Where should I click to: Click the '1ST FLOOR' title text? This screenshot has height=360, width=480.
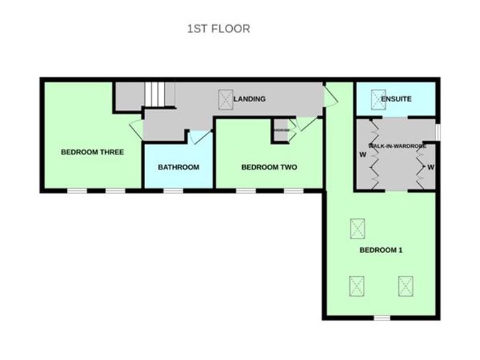218,29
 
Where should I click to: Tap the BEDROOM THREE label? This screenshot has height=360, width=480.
92,152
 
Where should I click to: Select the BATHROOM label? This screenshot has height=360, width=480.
178,167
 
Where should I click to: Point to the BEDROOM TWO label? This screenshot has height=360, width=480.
269,167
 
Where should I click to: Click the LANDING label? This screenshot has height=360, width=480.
251,99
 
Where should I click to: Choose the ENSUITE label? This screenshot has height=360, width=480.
396,99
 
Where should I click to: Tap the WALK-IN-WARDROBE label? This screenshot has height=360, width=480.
397,146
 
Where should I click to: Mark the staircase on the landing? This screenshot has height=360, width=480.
159,94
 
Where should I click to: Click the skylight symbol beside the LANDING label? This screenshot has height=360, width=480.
225,100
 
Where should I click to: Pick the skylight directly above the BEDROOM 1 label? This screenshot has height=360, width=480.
357,229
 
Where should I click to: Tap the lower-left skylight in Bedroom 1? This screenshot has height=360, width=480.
357,286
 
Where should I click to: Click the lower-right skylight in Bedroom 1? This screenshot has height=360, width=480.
406,286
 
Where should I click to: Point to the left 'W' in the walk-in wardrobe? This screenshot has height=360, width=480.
363,154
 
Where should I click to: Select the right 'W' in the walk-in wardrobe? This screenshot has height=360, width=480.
431,167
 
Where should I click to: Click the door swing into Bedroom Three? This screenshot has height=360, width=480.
136,130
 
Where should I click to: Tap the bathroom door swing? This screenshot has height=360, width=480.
200,137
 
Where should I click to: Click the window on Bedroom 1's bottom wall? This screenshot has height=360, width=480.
382,317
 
